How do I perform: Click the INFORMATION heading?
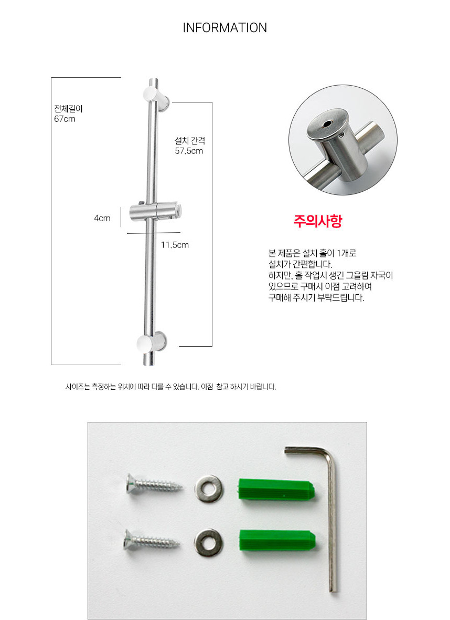pos(224,28)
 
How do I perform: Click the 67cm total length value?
pos(65,119)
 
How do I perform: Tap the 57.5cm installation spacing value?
pos(189,151)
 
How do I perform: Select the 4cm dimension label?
pos(102,218)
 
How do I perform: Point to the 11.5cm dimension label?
pos(175,245)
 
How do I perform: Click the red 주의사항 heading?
pos(317,221)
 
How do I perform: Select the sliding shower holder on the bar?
pos(156,212)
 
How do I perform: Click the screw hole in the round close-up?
pos(327,125)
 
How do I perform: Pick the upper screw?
pos(154,484)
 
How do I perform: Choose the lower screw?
pos(152,540)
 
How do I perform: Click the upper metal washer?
pos(208,489)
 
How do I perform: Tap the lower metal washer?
pos(208,542)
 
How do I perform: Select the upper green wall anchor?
pos(276,490)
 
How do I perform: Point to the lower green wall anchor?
pos(277,542)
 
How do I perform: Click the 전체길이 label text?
pos(68,109)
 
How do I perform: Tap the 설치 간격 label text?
pos(190,141)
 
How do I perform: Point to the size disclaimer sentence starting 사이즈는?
pos(170,387)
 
